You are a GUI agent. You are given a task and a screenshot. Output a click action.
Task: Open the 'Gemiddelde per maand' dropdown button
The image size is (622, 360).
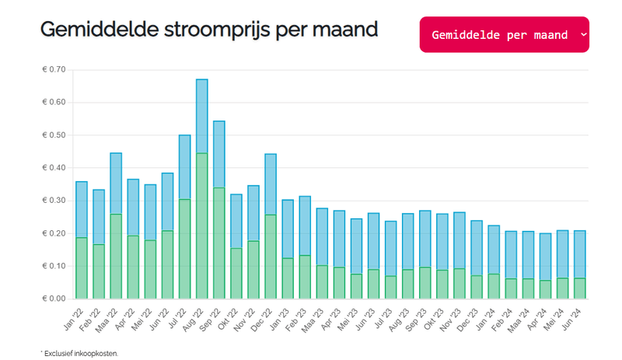(x=504, y=35)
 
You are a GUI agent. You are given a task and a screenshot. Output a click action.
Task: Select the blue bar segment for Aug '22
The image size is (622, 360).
(x=201, y=116)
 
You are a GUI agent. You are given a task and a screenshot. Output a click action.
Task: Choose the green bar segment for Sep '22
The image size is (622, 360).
(x=218, y=243)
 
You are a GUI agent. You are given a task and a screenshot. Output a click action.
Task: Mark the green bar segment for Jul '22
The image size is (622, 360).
(x=184, y=249)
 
